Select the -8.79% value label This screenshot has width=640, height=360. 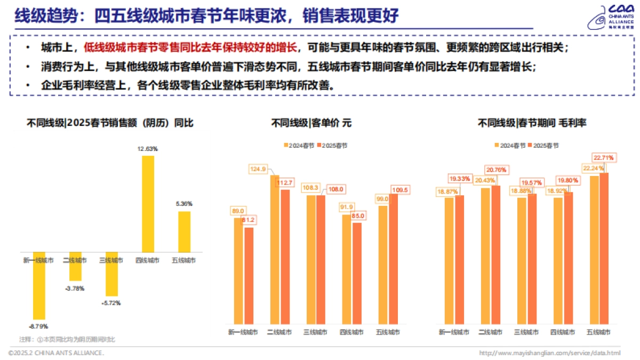38,326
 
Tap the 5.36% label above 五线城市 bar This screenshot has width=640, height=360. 183,204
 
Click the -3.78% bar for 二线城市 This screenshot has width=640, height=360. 75,266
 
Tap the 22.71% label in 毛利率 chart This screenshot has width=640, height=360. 604,158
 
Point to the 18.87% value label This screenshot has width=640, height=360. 447,192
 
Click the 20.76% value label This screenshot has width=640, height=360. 496,170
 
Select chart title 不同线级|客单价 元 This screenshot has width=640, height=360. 311,123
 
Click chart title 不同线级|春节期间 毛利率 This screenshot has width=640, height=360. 532,123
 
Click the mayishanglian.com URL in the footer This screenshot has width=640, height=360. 550,353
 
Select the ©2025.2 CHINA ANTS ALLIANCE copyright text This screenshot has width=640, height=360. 56,353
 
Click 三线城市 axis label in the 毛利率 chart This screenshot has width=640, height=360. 526,332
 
